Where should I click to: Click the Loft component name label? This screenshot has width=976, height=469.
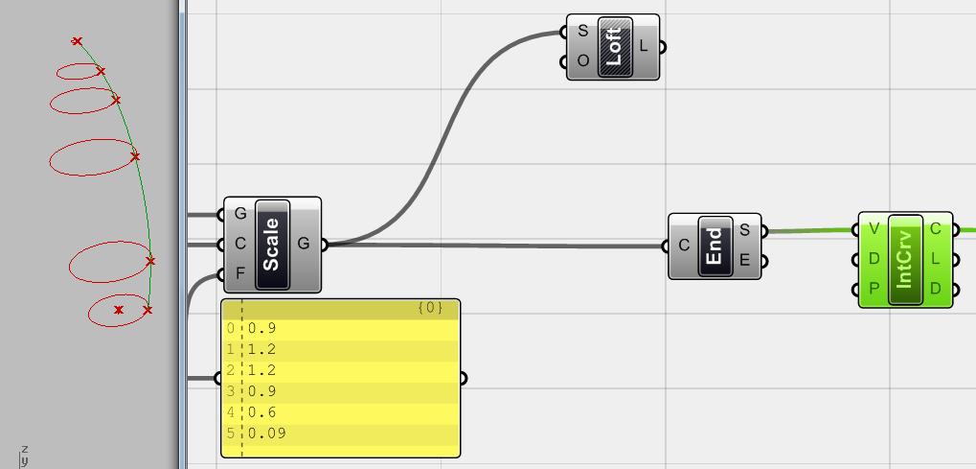click(x=614, y=46)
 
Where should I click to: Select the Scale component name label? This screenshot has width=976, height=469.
click(x=272, y=244)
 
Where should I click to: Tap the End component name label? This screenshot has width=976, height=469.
click(x=715, y=246)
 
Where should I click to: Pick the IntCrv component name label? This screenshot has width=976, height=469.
click(x=905, y=259)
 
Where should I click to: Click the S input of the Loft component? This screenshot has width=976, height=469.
click(x=582, y=31)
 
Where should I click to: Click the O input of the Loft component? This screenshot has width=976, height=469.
click(x=582, y=61)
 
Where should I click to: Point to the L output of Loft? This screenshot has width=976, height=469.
click(x=645, y=45)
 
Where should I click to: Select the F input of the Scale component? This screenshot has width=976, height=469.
click(x=240, y=273)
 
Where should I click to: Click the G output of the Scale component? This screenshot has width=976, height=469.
click(x=304, y=244)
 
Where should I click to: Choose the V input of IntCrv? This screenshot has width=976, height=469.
click(x=873, y=229)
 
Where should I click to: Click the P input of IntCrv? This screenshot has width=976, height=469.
click(x=873, y=289)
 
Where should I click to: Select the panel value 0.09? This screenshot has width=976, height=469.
click(x=266, y=434)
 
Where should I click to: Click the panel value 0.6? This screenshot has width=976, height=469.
click(x=261, y=412)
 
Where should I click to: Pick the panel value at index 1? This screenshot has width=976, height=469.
click(x=261, y=349)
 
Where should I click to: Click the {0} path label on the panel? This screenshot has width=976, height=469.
click(x=430, y=308)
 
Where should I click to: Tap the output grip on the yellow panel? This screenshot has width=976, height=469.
click(x=463, y=378)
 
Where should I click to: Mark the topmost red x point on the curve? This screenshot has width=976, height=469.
click(x=77, y=41)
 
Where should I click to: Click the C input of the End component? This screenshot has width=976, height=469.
click(x=684, y=246)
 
